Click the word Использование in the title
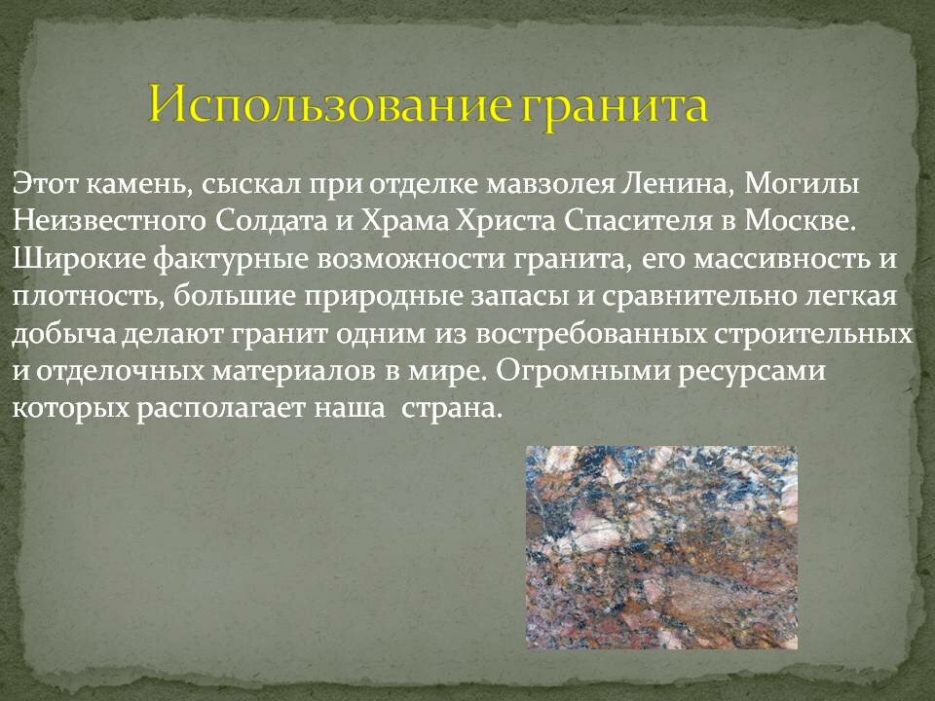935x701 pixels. coord(331,104)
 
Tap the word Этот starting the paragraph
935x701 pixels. coord(46,184)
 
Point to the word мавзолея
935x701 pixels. coord(550,185)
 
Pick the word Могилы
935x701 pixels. coord(802,185)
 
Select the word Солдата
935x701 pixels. coord(272,222)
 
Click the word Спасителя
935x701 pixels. coord(638,222)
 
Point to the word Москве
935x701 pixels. coord(801,221)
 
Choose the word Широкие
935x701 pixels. coord(79,260)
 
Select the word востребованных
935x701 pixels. coord(591,334)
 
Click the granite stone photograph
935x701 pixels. coord(662,547)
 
